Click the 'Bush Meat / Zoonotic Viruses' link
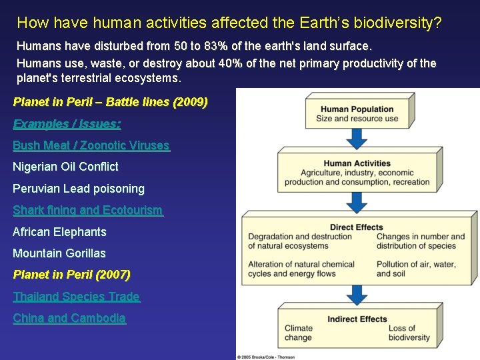91,145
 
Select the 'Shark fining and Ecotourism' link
87,210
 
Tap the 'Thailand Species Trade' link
76,297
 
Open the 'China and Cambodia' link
69,318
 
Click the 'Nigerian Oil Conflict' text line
65,167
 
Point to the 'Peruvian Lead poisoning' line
79,189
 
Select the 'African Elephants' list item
59,232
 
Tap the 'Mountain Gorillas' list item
59,253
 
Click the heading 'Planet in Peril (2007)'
72,275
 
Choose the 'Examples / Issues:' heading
67,124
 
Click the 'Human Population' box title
357,109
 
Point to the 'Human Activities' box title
357,163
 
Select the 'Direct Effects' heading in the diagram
356,227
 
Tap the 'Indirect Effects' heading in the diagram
357,319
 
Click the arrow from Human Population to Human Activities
358,138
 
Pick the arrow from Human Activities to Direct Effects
358,201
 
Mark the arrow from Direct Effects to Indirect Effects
358,293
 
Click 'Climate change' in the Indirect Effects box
298,333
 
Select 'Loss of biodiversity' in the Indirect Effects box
409,333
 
